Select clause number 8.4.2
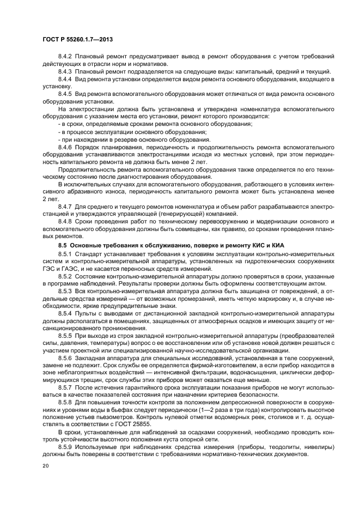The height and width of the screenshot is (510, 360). (x=65, y=57)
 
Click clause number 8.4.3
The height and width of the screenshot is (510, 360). (x=65, y=71)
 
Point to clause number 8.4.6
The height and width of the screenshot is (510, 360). (x=65, y=147)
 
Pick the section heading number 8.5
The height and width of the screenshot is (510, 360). (x=63, y=245)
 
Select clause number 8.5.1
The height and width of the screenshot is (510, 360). (x=65, y=253)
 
